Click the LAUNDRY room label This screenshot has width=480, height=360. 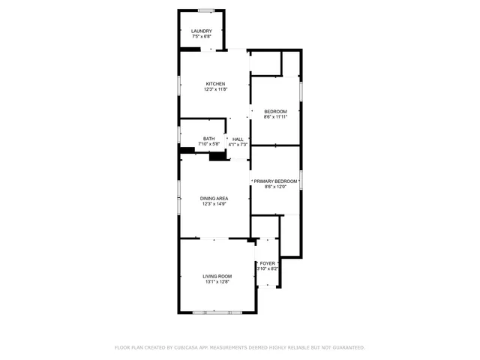click(201, 31)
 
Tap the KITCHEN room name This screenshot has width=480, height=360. click(215, 84)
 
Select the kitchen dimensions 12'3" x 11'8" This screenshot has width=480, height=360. click(215, 89)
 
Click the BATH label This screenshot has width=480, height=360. click(208, 138)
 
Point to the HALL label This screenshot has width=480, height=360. click(238, 139)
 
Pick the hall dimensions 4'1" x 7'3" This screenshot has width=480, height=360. click(238, 144)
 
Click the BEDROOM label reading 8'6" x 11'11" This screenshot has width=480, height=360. click(275, 112)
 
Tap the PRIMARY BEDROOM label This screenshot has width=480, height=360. click(275, 181)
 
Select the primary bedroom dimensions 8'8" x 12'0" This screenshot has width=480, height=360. click(275, 187)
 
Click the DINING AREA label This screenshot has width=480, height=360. click(214, 198)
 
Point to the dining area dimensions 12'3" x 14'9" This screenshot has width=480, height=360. click(214, 204)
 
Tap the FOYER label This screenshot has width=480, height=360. click(268, 263)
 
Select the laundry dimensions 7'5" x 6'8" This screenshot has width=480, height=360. click(201, 37)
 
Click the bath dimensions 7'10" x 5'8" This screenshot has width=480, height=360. click(208, 144)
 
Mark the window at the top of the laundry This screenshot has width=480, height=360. click(205, 10)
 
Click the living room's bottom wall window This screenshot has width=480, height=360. click(212, 311)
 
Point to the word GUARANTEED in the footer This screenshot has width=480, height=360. click(347, 347)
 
